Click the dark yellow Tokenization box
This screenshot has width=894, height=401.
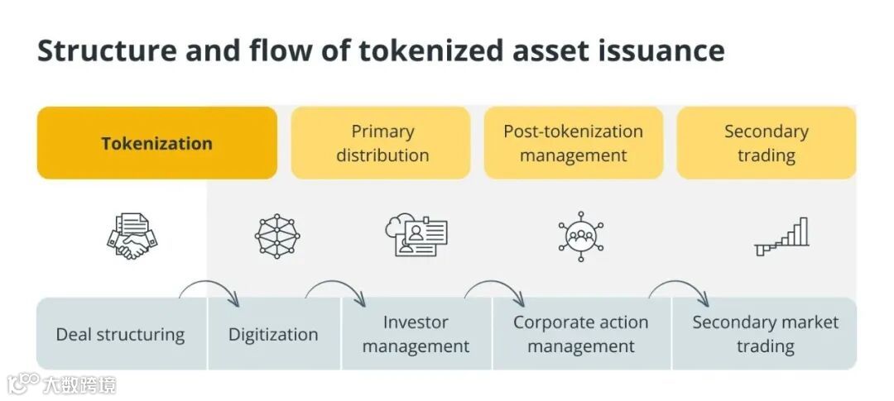pos(157,143)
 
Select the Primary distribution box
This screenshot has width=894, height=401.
pos(381,143)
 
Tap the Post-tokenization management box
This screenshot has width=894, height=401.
pos(573,143)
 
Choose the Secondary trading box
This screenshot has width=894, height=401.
pos(766,143)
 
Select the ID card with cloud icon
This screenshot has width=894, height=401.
pos(416,236)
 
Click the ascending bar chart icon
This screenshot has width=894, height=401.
pos(782,236)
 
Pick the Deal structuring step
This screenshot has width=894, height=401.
pos(121,334)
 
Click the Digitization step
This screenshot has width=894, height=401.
pos(273,334)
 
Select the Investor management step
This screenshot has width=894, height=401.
pos(416,334)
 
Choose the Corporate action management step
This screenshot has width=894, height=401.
pos(580,334)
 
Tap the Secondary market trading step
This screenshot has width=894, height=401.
pos(765,334)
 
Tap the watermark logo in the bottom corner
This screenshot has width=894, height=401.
pos(61,384)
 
